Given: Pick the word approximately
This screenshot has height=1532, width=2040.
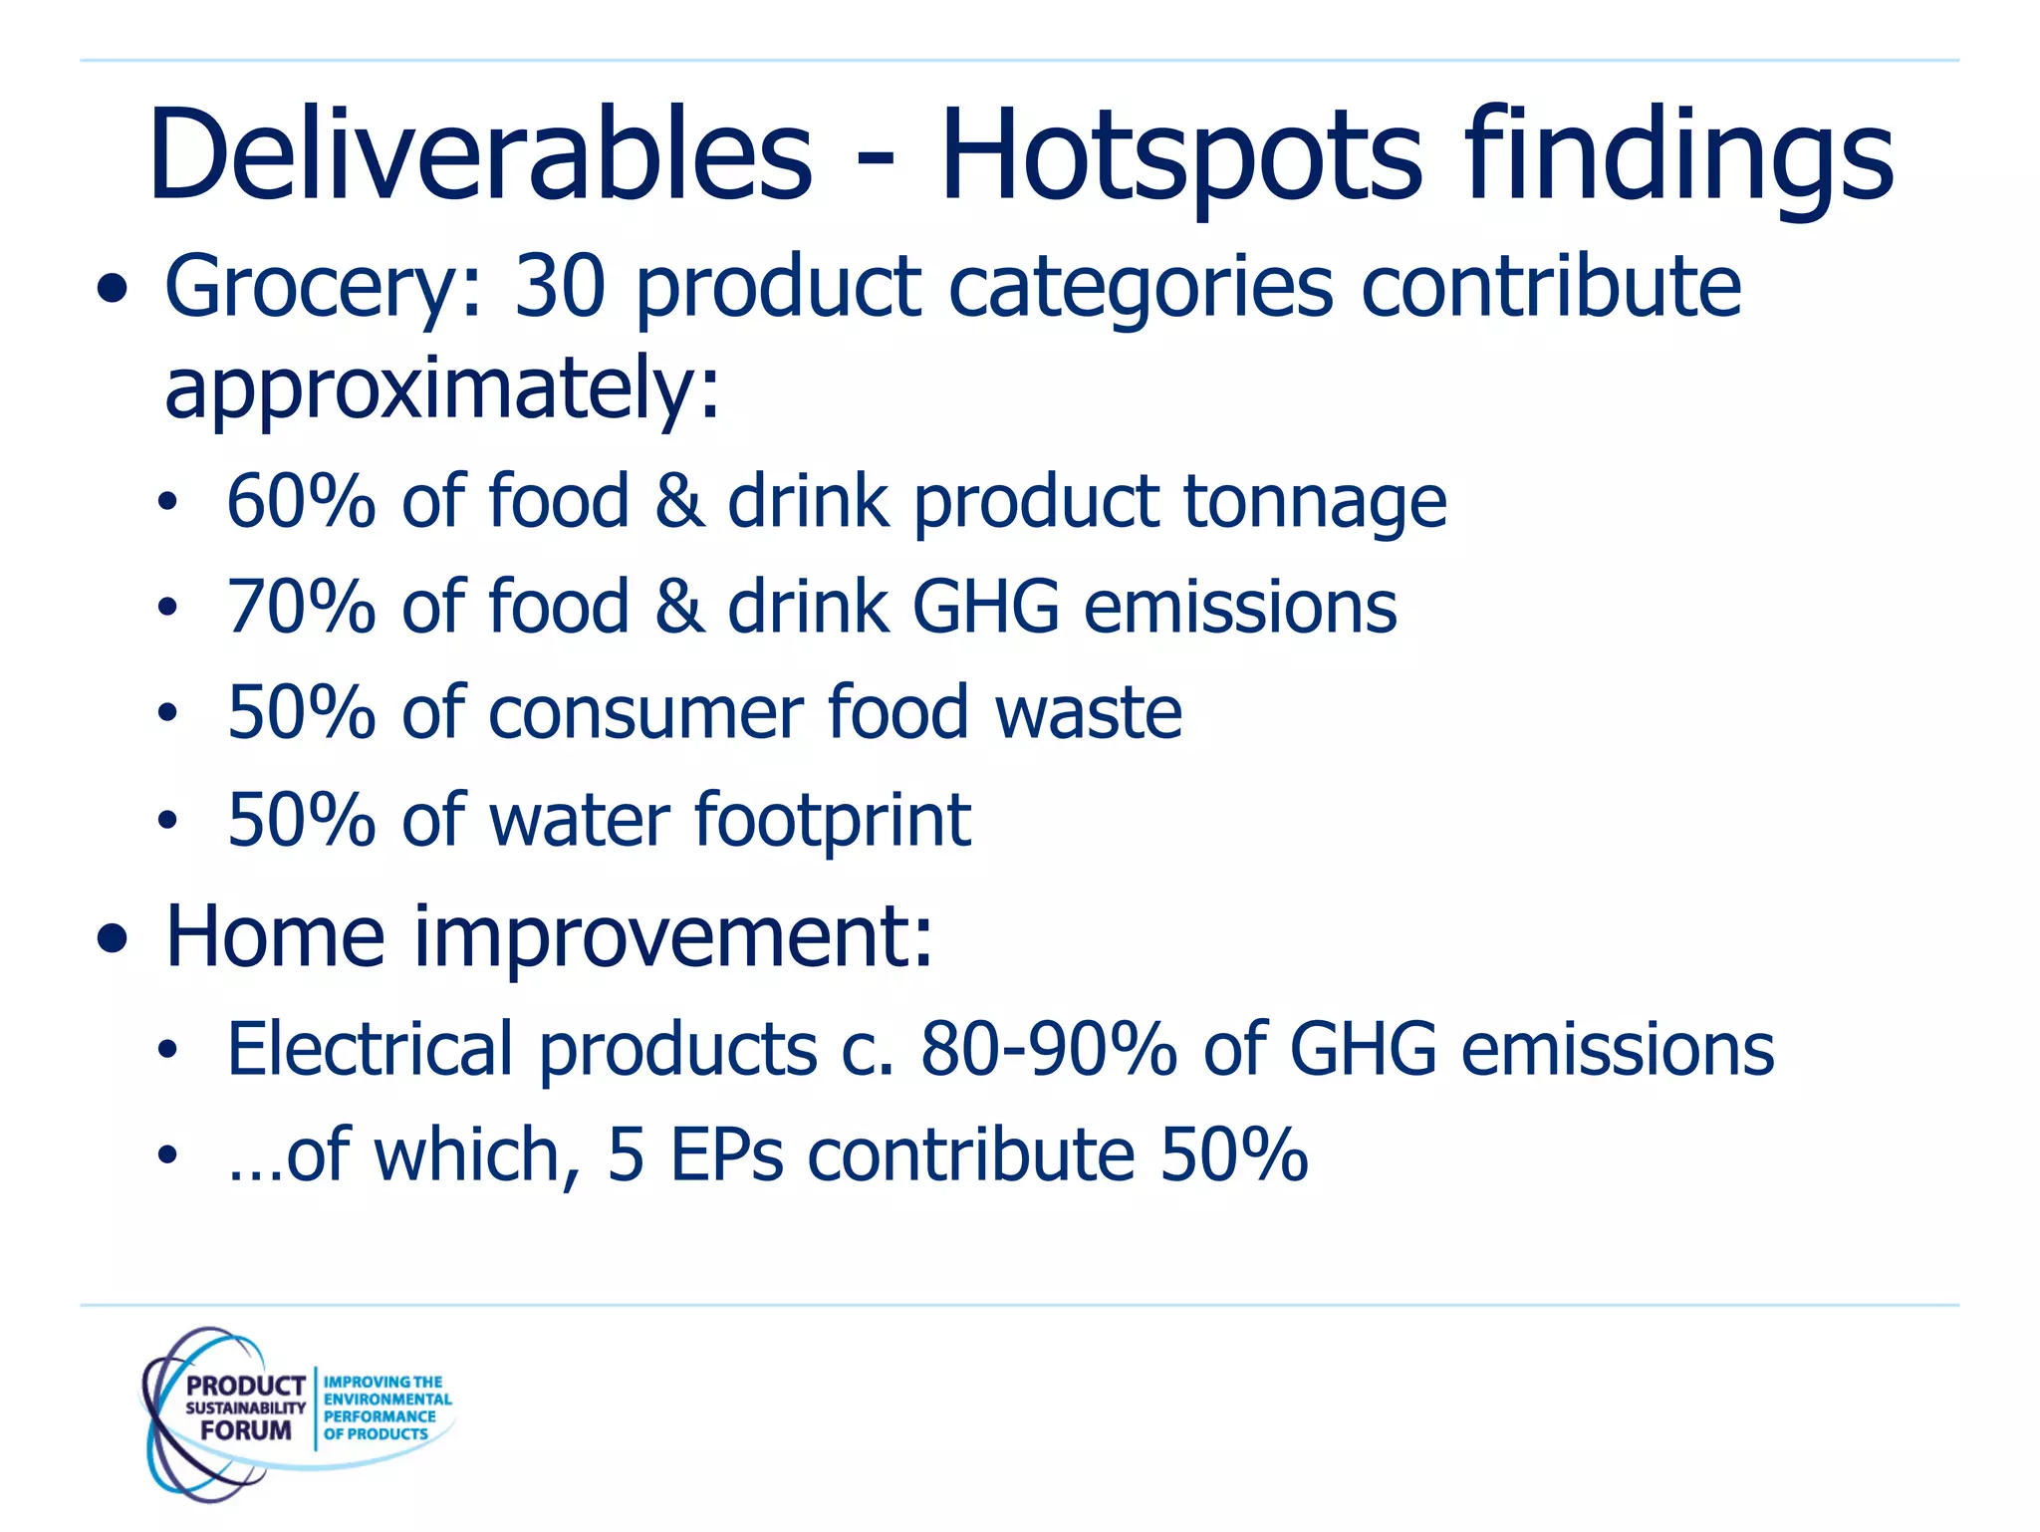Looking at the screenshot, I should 441,388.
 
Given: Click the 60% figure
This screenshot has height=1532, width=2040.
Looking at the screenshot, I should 301,500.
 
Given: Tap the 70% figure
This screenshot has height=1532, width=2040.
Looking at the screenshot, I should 301,607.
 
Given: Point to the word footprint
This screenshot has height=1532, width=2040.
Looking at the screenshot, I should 832,820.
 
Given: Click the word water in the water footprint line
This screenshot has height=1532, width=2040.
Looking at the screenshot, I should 580,820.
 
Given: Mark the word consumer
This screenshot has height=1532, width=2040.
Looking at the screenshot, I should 645,713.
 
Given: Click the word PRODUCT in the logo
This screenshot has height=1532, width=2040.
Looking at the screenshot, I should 245,1386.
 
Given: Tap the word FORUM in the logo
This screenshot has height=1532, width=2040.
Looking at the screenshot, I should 245,1430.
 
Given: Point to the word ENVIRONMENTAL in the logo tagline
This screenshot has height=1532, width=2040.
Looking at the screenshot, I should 387,1400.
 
